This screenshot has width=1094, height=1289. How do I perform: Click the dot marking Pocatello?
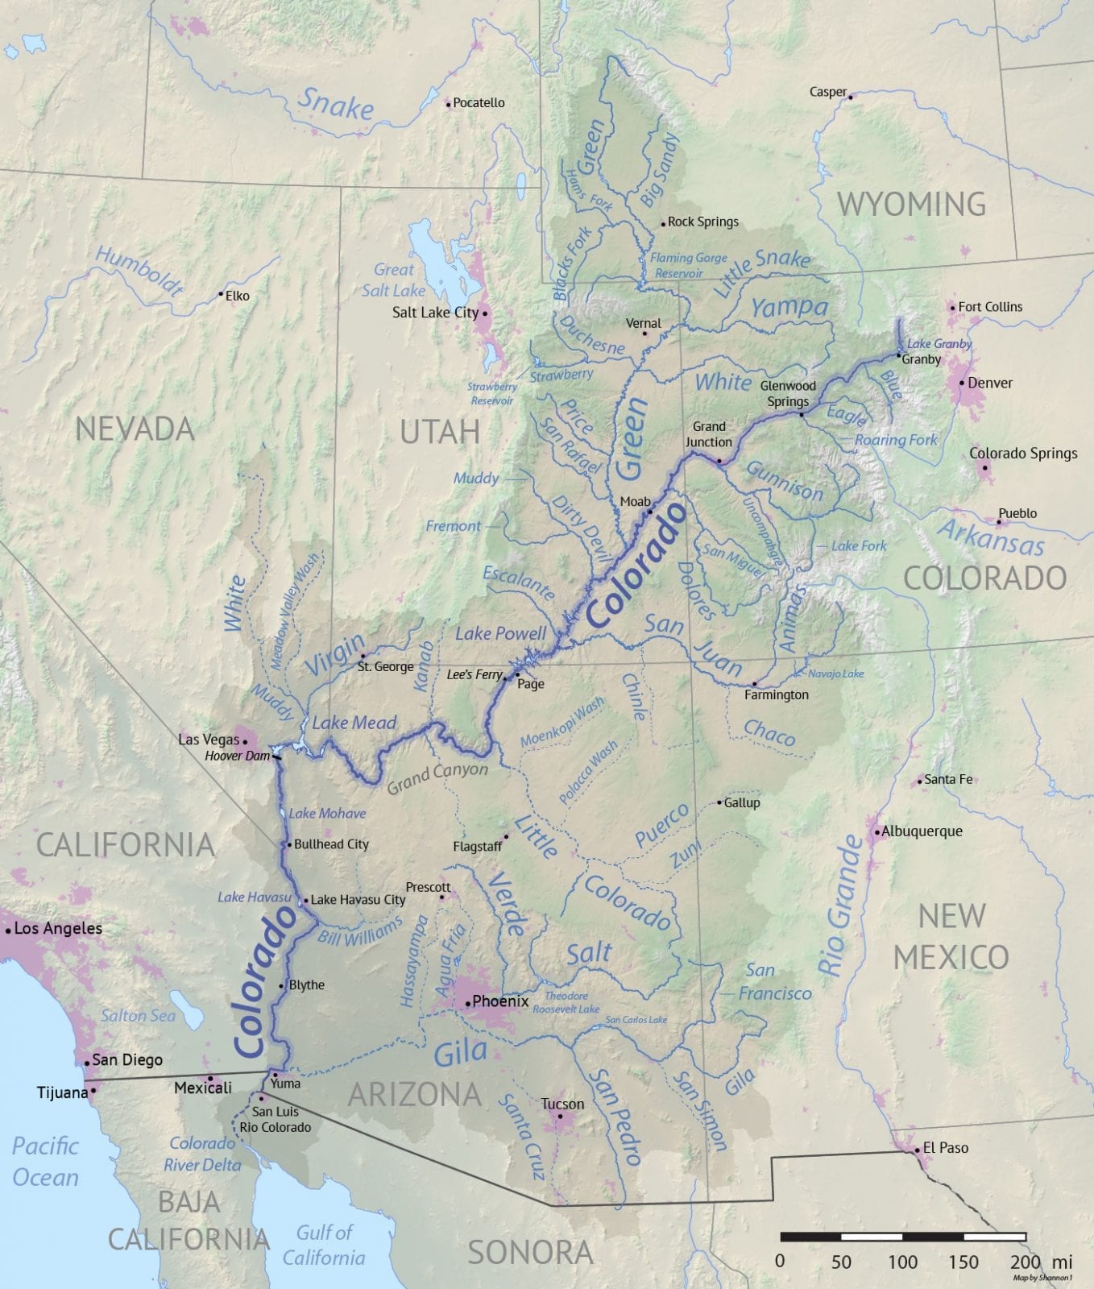pyautogui.click(x=449, y=103)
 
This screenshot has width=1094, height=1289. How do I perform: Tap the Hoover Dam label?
pyautogui.click(x=237, y=756)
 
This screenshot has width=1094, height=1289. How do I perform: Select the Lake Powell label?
pyautogui.click(x=500, y=633)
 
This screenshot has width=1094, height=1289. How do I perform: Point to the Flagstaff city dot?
pyautogui.click(x=506, y=837)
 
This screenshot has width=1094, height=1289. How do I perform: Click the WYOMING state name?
pyautogui.click(x=911, y=204)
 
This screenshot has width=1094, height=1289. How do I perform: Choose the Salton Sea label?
pyautogui.click(x=138, y=1016)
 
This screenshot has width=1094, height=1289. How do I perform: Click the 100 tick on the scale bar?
pyautogui.click(x=902, y=1262)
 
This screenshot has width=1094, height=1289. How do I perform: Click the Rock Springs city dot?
pyautogui.click(x=663, y=223)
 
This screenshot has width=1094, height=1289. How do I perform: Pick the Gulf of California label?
pyautogui.click(x=324, y=1245)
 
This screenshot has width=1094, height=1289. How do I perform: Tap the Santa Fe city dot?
pyautogui.click(x=920, y=781)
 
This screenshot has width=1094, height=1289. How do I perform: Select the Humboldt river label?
pyautogui.click(x=139, y=271)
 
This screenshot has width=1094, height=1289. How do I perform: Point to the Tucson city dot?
pyautogui.click(x=560, y=1117)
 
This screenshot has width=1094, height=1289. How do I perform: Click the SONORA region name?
pyautogui.click(x=530, y=1253)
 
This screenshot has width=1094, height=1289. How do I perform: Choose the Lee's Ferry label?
pyautogui.click(x=474, y=674)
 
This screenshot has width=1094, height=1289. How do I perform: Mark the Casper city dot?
pyautogui.click(x=850, y=96)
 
